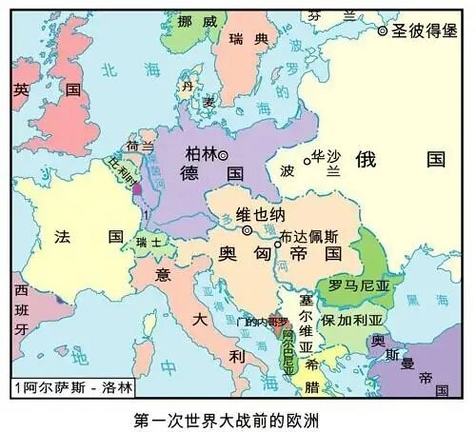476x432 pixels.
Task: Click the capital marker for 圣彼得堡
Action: pos(382,31)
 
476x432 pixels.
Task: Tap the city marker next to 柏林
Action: pos(223,156)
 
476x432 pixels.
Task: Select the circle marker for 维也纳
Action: pos(247,230)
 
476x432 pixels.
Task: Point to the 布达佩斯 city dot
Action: pos(277,244)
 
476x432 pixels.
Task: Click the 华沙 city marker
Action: pos(307,161)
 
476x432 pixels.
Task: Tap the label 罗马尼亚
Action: pos(359,287)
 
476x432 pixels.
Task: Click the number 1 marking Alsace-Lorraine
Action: pos(146,214)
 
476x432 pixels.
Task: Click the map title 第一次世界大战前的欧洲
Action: pos(226,420)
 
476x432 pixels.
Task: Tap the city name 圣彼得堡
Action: pos(424,31)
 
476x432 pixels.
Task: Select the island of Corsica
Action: pos(149,322)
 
